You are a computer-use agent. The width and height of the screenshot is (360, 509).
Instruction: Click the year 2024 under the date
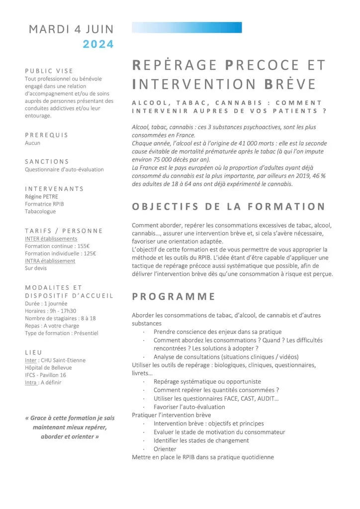[x=98, y=44]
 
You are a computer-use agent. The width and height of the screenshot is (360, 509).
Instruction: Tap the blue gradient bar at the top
[x=186, y=27]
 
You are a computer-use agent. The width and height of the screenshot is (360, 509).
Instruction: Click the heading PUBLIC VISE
[x=49, y=71]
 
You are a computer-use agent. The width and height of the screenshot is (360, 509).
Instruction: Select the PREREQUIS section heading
[x=47, y=135]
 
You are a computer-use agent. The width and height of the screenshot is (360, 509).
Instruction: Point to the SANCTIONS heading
[x=47, y=162]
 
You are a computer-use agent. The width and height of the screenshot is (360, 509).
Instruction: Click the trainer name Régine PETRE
[x=41, y=196]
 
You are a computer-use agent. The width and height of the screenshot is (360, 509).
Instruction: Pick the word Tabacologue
[x=40, y=211]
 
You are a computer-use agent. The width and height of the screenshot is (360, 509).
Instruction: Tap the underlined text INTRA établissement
[x=50, y=260]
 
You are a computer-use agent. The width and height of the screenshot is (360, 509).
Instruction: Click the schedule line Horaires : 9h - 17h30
[x=51, y=311]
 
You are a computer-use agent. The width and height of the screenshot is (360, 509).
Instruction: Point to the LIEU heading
[x=34, y=352]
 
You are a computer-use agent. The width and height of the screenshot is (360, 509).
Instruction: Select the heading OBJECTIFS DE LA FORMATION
[x=228, y=206]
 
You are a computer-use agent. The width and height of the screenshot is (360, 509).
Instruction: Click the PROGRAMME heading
[x=174, y=297]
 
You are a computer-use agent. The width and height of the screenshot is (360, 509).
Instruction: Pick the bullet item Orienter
[x=165, y=449]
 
